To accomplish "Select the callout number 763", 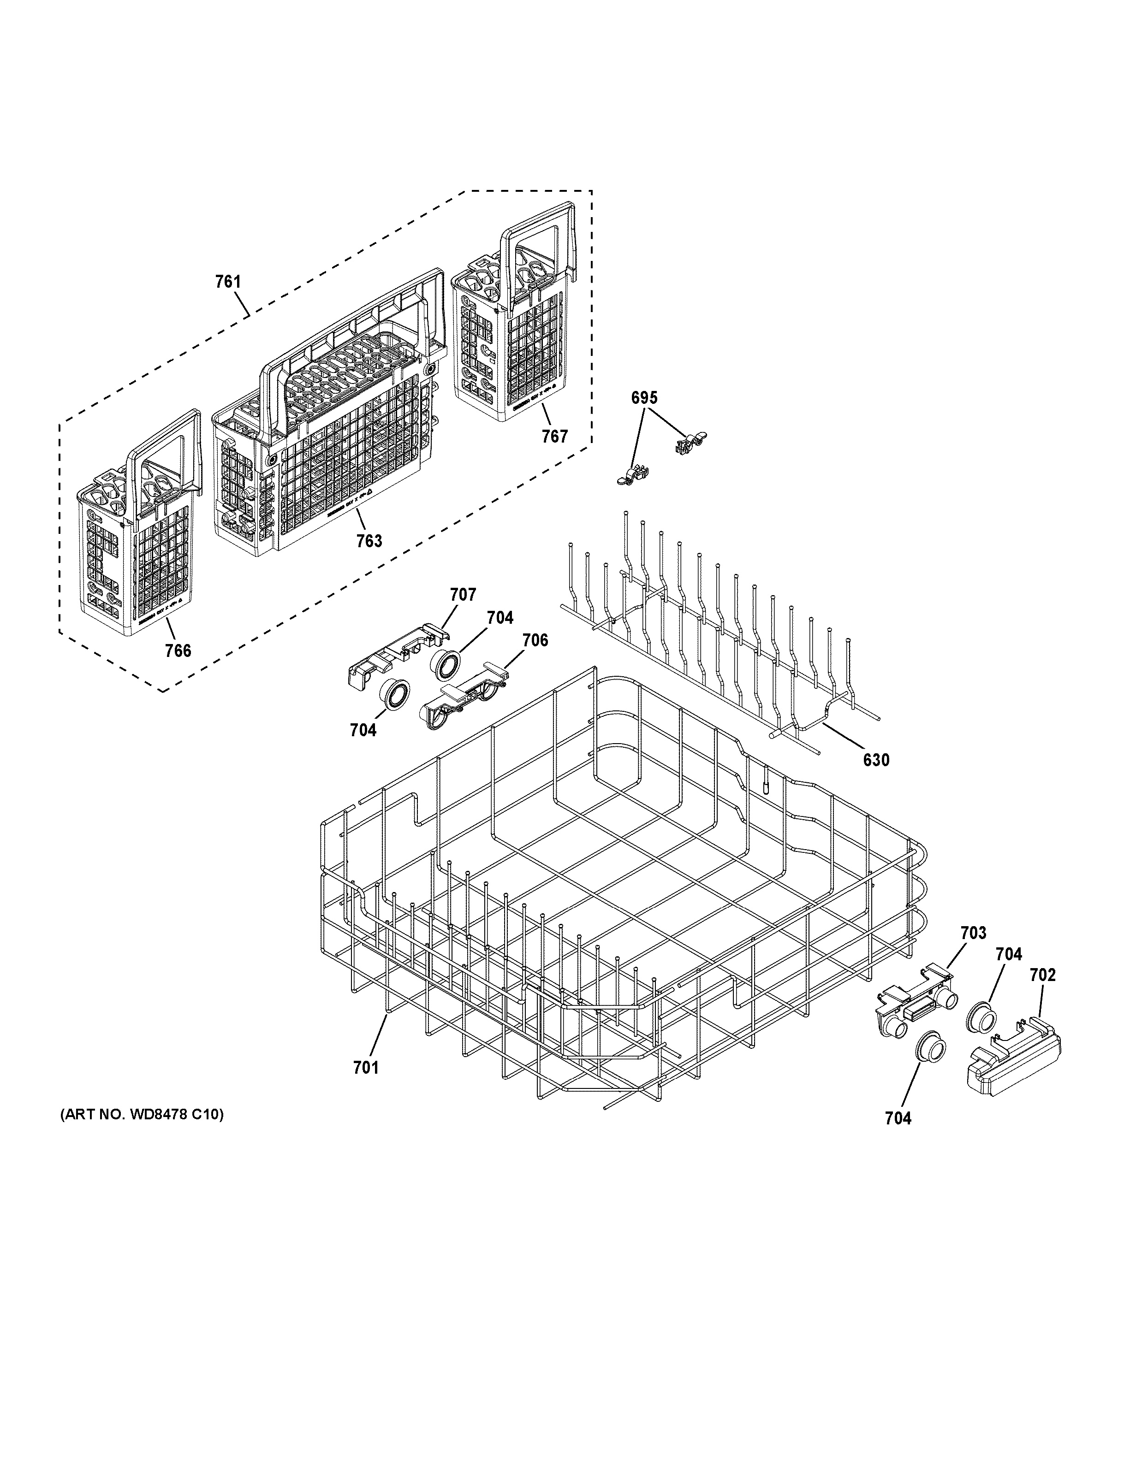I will pos(369,540).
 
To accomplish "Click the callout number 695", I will pos(644,398).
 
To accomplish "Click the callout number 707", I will pos(463,594).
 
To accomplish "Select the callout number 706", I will pos(535,640).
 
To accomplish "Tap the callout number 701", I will pos(366,1068).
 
